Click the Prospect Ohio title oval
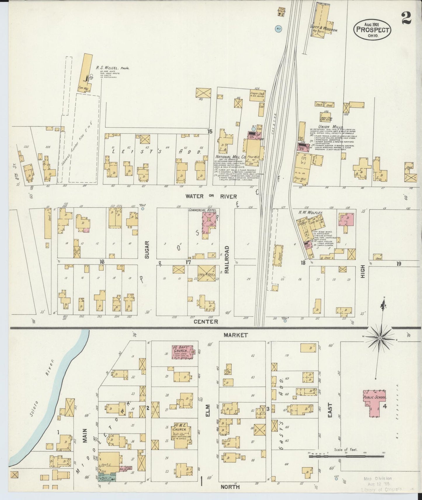pos(372,30)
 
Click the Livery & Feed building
pos(206,273)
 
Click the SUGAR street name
pos(147,249)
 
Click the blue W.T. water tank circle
pos(278,29)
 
